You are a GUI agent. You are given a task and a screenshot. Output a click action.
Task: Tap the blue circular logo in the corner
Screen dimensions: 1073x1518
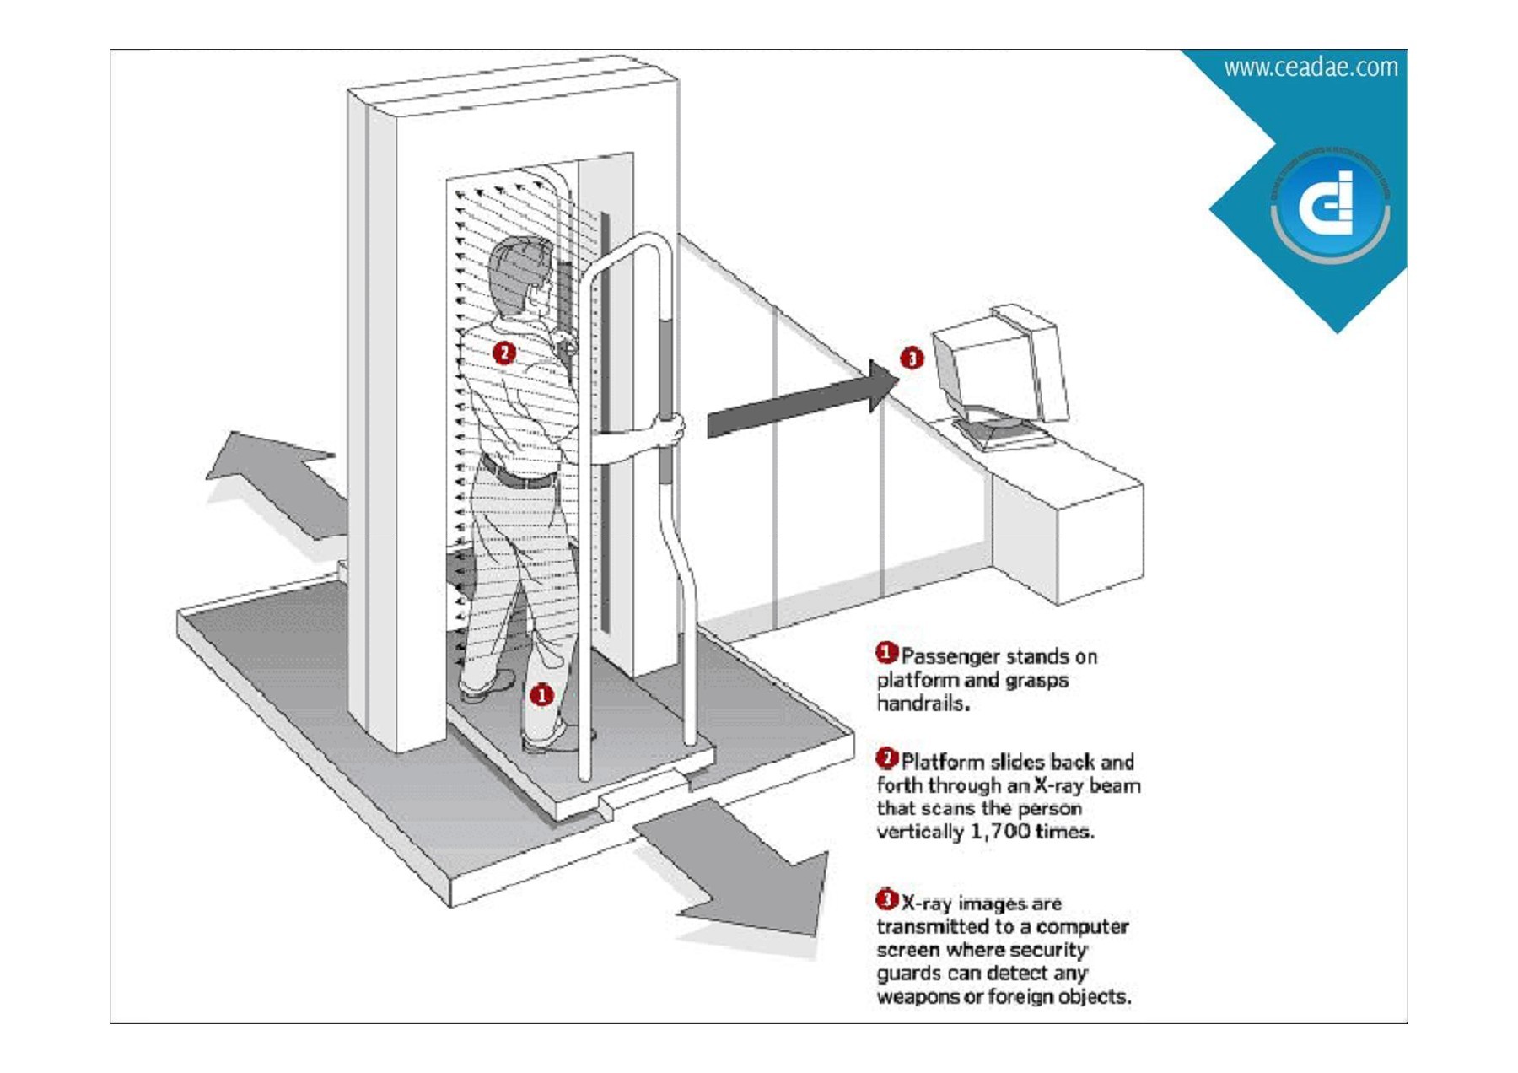pos(1330,206)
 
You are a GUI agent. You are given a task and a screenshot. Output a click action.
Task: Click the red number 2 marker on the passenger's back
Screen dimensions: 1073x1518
pos(504,352)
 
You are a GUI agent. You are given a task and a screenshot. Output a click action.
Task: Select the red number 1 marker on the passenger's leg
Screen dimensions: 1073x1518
pos(541,694)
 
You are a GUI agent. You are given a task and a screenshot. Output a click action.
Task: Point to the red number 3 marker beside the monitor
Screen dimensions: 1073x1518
pos(912,358)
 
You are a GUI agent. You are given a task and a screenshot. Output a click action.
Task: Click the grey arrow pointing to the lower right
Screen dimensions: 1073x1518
pos(742,877)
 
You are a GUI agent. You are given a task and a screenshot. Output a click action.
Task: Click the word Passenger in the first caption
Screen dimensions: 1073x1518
pos(948,656)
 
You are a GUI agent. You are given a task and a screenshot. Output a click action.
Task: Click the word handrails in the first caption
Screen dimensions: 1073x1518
pos(921,704)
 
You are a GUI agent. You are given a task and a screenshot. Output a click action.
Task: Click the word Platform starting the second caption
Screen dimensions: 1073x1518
pos(943,762)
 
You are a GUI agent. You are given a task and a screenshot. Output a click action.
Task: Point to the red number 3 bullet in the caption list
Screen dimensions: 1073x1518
pos(886,899)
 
